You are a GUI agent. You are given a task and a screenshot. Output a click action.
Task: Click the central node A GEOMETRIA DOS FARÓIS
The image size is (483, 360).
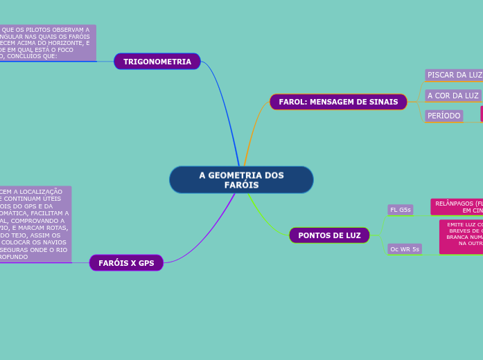click(x=241, y=180)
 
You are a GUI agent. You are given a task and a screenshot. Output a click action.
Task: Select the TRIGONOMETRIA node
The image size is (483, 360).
click(x=157, y=62)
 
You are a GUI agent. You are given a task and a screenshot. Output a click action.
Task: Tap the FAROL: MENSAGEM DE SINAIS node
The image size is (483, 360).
click(x=338, y=102)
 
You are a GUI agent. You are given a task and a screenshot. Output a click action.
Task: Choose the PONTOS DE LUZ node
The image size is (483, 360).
click(x=329, y=235)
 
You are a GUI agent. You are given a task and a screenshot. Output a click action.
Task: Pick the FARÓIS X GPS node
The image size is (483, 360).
click(x=126, y=263)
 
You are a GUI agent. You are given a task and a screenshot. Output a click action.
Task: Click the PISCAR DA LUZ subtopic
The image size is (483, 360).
click(x=454, y=75)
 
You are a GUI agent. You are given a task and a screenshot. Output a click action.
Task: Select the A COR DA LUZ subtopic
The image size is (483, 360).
click(x=453, y=96)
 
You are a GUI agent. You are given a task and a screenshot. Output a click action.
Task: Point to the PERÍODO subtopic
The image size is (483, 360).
click(x=444, y=116)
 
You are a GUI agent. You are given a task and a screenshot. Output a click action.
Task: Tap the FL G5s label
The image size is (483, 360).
click(x=400, y=210)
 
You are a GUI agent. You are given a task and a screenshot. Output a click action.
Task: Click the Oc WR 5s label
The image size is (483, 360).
click(x=404, y=249)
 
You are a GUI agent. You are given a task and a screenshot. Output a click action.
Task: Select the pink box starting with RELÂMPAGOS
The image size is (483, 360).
click(x=457, y=206)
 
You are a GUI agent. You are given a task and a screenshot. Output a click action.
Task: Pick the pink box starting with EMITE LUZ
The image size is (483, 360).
click(x=462, y=237)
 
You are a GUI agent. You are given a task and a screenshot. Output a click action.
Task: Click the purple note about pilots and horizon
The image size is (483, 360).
click(x=47, y=43)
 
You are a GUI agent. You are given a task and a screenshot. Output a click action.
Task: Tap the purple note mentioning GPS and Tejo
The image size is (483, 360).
click(x=35, y=224)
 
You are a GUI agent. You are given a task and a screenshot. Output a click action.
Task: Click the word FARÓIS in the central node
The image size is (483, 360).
click(x=241, y=186)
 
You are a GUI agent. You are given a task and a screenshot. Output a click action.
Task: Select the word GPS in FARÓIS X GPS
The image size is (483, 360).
click(x=146, y=263)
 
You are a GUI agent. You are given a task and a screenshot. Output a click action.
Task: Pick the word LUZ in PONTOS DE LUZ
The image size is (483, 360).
click(x=351, y=235)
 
